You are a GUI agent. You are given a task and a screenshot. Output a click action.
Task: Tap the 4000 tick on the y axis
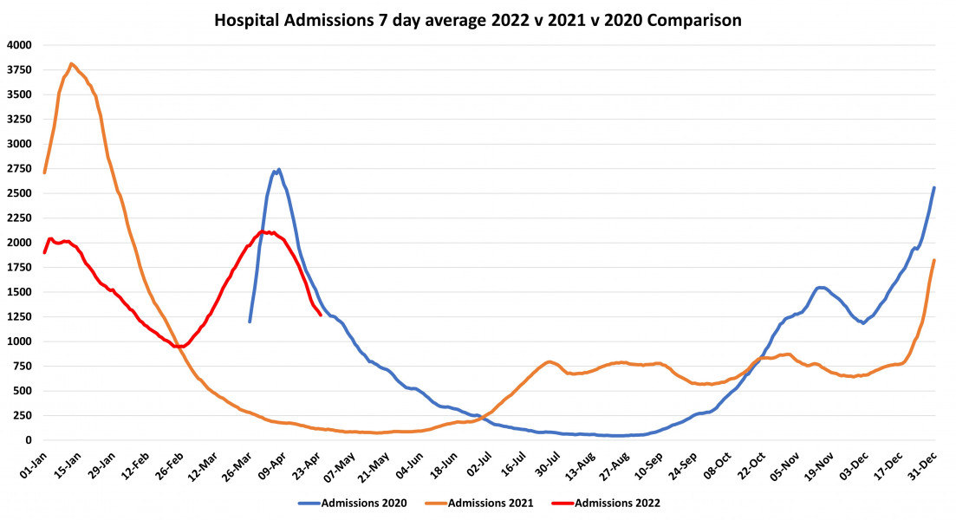(18, 45)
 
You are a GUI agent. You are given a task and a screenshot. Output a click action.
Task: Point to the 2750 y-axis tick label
(18, 169)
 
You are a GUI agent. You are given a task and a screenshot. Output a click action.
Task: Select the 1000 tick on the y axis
(18, 341)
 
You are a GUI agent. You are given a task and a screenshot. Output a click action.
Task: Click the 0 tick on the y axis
(27, 440)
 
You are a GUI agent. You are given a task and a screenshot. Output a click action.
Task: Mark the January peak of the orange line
(71, 63)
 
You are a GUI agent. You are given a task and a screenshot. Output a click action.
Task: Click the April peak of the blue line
(277, 170)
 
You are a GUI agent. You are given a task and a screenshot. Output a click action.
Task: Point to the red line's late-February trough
(179, 347)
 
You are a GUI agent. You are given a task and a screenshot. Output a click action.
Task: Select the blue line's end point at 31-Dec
(933, 187)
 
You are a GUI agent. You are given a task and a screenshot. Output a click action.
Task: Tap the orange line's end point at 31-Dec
(933, 260)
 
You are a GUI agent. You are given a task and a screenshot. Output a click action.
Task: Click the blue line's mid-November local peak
(820, 288)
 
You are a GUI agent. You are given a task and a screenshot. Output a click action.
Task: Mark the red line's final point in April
(321, 315)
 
